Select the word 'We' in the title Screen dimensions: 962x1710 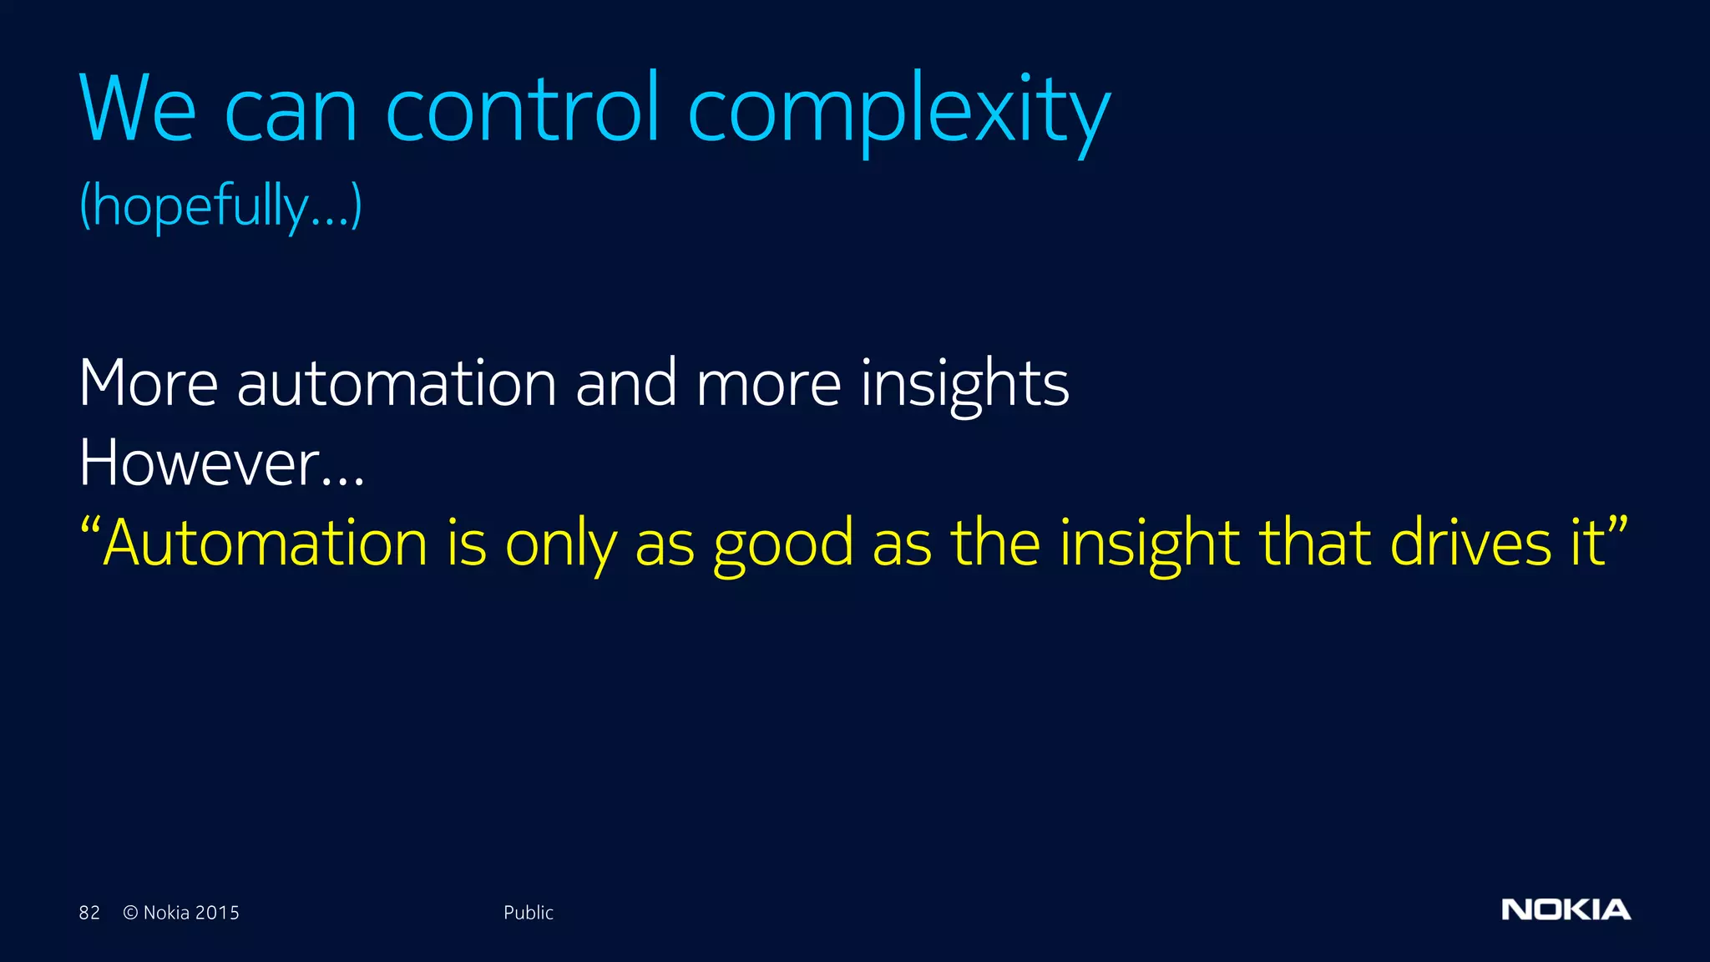pos(138,109)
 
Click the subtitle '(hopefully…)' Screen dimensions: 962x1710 pos(220,205)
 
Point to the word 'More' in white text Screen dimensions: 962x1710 pos(149,383)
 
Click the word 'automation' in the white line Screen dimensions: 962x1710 pos(397,383)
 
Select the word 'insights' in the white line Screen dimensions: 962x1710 pos(964,383)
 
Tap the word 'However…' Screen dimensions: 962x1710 pos(221,463)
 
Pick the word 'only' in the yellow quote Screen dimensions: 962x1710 pos(561,544)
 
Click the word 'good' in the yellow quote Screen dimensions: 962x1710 pos(783,544)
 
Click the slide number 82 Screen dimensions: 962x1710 pos(89,913)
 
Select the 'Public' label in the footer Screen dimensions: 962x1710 pos(528,913)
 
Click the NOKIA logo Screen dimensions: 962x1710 pos(1566,909)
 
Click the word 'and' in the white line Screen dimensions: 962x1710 pos(626,383)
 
